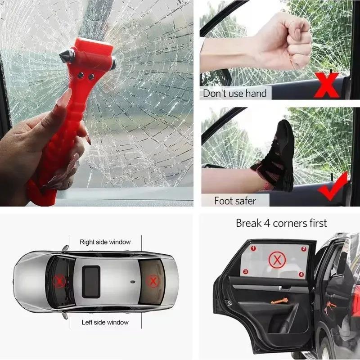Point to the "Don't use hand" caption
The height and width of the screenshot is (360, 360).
(x=234, y=94)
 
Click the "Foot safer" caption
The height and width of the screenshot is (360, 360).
(x=235, y=200)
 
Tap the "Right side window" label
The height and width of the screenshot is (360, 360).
(x=105, y=242)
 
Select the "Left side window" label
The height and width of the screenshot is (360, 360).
(x=105, y=322)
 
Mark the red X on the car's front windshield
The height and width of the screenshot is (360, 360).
(x=59, y=282)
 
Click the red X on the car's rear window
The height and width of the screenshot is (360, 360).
(x=153, y=281)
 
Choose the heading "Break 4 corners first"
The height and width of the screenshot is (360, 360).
(x=281, y=223)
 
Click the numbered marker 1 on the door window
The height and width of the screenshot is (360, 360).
(x=253, y=248)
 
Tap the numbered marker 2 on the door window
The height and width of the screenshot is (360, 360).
(x=303, y=248)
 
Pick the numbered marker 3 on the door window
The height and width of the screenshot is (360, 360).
(x=246, y=271)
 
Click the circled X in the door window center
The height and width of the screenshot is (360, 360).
(x=276, y=260)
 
